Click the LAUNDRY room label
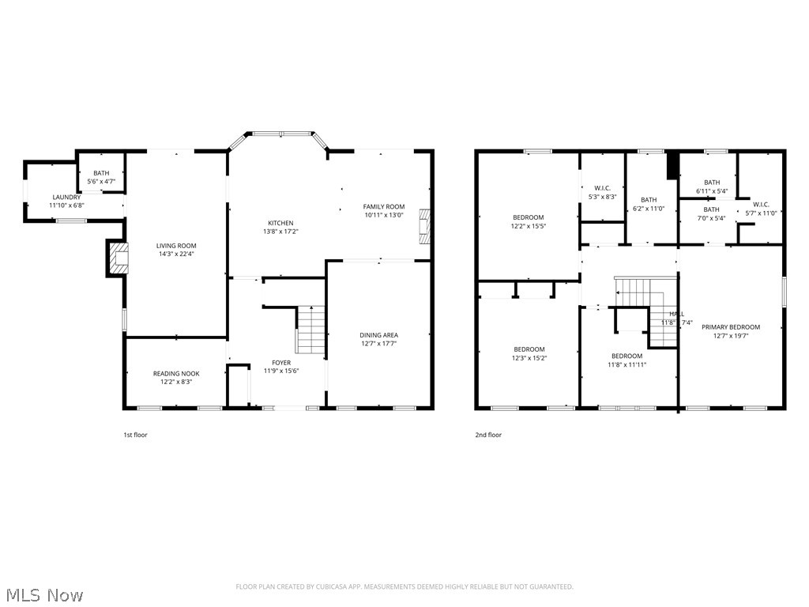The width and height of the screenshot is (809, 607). [x=66, y=197]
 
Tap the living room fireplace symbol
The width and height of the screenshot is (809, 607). [x=118, y=258]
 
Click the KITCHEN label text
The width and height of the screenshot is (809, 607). [x=280, y=223]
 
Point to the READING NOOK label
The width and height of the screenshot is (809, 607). [x=176, y=373]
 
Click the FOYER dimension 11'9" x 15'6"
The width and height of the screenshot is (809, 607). [x=281, y=371]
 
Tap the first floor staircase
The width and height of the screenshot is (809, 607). [x=310, y=330]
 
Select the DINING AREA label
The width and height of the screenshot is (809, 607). [x=379, y=335]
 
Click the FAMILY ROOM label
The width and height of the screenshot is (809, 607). [x=384, y=207]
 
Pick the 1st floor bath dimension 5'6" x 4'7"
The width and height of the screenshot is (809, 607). [x=101, y=182]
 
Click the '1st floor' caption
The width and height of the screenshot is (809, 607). [x=135, y=435]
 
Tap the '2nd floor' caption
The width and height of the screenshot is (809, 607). [x=488, y=435]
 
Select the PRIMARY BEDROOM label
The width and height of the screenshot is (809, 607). [x=731, y=327]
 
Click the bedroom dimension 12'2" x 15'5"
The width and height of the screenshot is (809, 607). [x=529, y=226]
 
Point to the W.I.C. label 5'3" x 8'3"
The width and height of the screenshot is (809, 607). [x=602, y=196]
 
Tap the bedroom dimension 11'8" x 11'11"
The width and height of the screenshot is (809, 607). [x=627, y=364]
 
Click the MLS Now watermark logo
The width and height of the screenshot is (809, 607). [x=43, y=594]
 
